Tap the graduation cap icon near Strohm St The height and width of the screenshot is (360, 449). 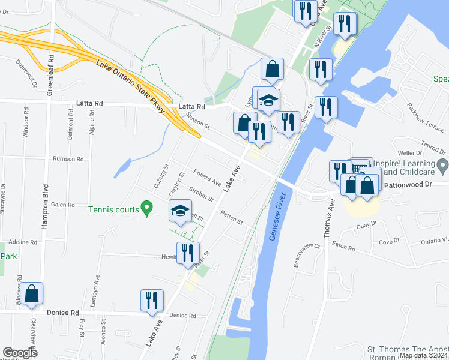(x=179, y=211)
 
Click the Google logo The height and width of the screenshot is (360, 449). (x=20, y=353)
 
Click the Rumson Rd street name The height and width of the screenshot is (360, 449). (x=67, y=159)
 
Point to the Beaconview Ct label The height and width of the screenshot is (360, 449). (x=307, y=251)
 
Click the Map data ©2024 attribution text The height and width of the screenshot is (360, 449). (x=423, y=355)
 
